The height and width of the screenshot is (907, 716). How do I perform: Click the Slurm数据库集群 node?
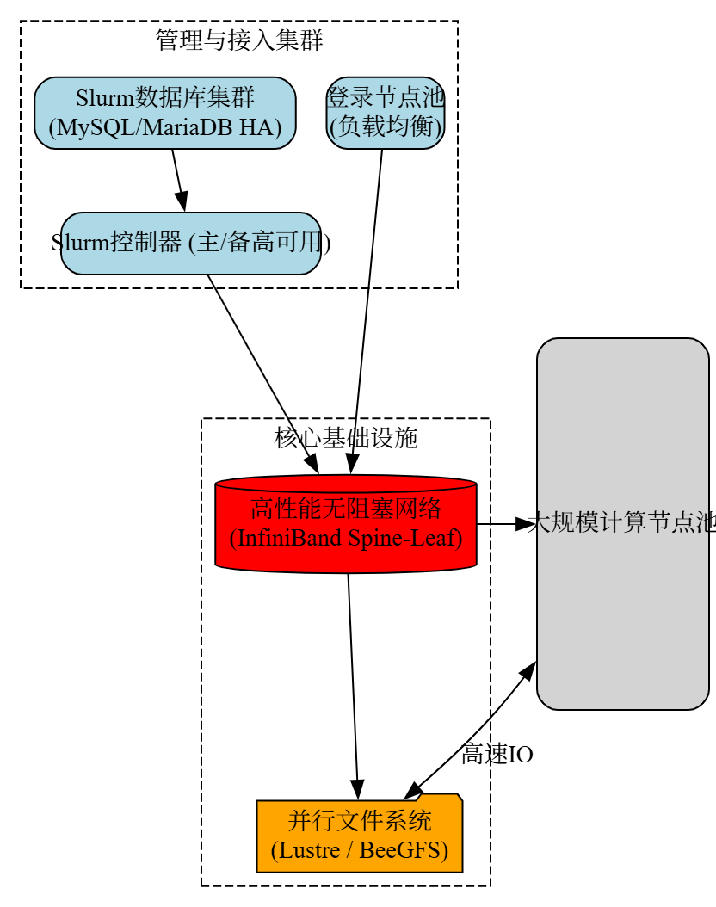pyautogui.click(x=165, y=113)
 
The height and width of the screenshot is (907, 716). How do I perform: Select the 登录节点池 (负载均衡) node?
pyautogui.click(x=386, y=113)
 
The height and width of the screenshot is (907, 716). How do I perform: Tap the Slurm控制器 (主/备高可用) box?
pyautogui.click(x=190, y=244)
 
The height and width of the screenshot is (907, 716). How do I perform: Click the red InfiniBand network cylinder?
pyautogui.click(x=345, y=523)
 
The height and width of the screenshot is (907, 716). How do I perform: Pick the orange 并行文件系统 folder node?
pyautogui.click(x=360, y=836)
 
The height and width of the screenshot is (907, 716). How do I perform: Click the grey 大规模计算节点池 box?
pyautogui.click(x=622, y=523)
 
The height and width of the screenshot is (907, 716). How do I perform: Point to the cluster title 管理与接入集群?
pyautogui.click(x=239, y=40)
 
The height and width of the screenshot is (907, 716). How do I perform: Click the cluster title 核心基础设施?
pyautogui.click(x=346, y=438)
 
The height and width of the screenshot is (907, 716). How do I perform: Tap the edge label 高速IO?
pyautogui.click(x=497, y=755)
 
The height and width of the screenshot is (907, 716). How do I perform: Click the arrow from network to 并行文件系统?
pyautogui.click(x=353, y=680)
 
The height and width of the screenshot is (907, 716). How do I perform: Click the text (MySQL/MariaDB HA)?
pyautogui.click(x=165, y=127)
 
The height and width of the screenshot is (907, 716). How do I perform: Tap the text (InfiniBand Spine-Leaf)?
pyautogui.click(x=345, y=539)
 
